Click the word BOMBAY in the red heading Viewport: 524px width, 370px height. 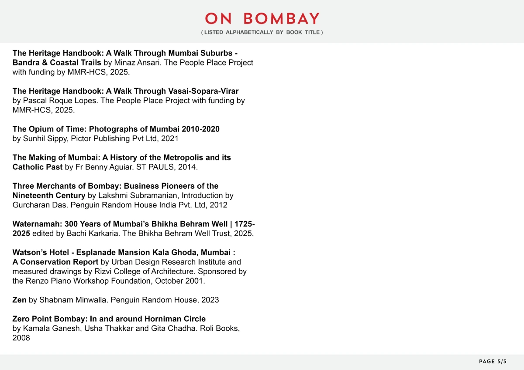pyautogui.click(x=281, y=19)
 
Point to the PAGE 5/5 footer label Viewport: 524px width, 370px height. pyautogui.click(x=493, y=362)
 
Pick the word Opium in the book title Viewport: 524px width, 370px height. pyautogui.click(x=40, y=129)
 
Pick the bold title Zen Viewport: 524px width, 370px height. pyautogui.click(x=19, y=300)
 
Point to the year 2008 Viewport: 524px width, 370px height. pyautogui.click(x=21, y=338)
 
